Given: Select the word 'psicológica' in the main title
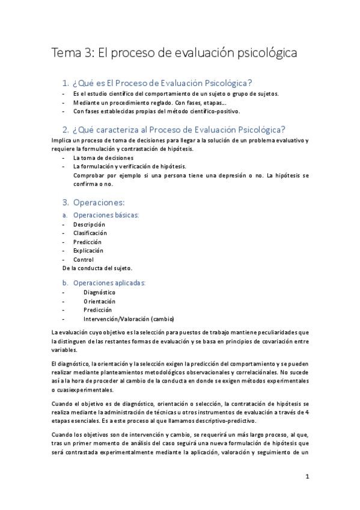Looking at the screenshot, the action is click(267, 53).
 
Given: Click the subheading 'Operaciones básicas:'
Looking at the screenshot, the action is click(106, 215).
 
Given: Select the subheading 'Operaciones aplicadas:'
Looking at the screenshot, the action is click(109, 282).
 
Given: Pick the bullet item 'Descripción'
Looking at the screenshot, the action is click(89, 224).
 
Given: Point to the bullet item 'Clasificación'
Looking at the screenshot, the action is click(90, 233).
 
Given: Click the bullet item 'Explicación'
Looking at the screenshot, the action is click(88, 250).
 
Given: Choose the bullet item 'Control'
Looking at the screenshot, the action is click(84, 259).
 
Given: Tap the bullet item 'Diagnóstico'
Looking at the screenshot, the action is click(99, 292).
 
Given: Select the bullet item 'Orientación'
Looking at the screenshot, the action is click(99, 301).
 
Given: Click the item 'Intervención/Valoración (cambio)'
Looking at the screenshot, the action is click(129, 318).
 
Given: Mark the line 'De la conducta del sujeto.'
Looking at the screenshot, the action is click(97, 268).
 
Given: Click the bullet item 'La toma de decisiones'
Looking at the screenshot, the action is click(103, 158).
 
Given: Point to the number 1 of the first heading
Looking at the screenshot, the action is click(66, 82).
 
